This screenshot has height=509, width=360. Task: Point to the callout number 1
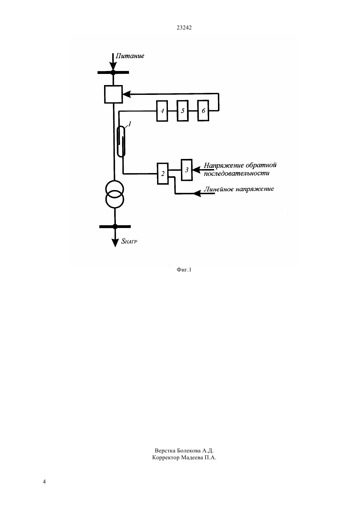click(130, 124)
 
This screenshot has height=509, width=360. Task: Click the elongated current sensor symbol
click(121, 141)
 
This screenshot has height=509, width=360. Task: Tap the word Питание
click(130, 56)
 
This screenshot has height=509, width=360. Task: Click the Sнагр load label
click(129, 241)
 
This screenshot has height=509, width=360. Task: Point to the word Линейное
click(218, 189)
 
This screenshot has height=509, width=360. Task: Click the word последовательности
click(237, 173)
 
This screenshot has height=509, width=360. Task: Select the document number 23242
click(184, 28)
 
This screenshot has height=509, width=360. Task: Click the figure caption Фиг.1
click(184, 270)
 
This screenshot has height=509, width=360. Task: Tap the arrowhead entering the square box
click(127, 94)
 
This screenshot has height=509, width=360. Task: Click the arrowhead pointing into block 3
click(196, 170)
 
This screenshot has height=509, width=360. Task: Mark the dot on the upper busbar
click(113, 73)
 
